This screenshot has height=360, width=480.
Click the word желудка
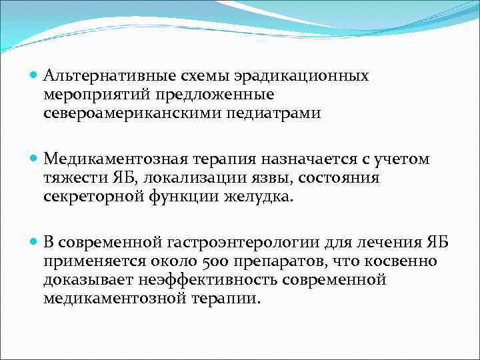coord(261,197)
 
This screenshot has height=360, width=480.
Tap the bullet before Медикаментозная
coord(34,159)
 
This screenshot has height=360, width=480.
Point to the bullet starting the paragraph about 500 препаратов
coord(34,242)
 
